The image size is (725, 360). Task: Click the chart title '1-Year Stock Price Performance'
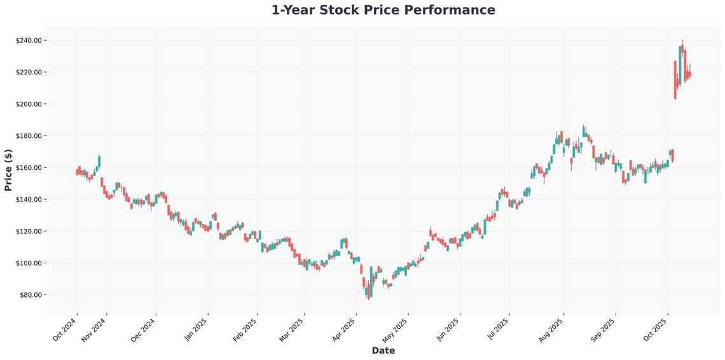pyautogui.click(x=383, y=10)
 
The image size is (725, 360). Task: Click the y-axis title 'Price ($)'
pyautogui.click(x=8, y=170)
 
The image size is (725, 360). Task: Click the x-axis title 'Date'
pyautogui.click(x=383, y=350)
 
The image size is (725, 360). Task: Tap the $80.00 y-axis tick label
pyautogui.click(x=30, y=295)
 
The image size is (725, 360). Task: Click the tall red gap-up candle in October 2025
pyautogui.click(x=675, y=80)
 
